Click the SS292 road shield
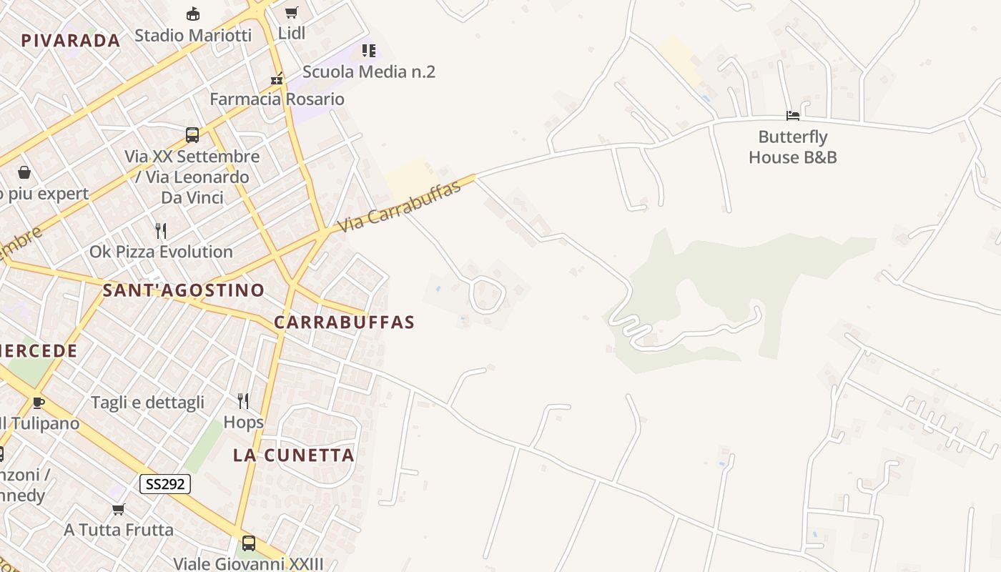[164, 484]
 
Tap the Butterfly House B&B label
[792, 147]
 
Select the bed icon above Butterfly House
[792, 115]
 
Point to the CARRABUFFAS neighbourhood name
[344, 322]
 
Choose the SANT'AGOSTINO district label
[183, 290]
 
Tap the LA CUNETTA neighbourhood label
[293, 455]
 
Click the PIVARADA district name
[70, 41]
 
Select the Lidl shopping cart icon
[291, 13]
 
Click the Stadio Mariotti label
[193, 35]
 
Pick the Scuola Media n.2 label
[368, 71]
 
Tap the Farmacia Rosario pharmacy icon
[277, 79]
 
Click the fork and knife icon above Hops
[243, 401]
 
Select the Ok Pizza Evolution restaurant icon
[161, 231]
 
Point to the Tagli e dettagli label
[147, 403]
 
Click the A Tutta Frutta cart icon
[119, 510]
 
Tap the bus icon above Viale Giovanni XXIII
[248, 543]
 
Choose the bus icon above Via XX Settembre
[192, 135]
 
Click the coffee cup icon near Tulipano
[39, 403]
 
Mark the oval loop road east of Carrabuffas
[487, 295]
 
